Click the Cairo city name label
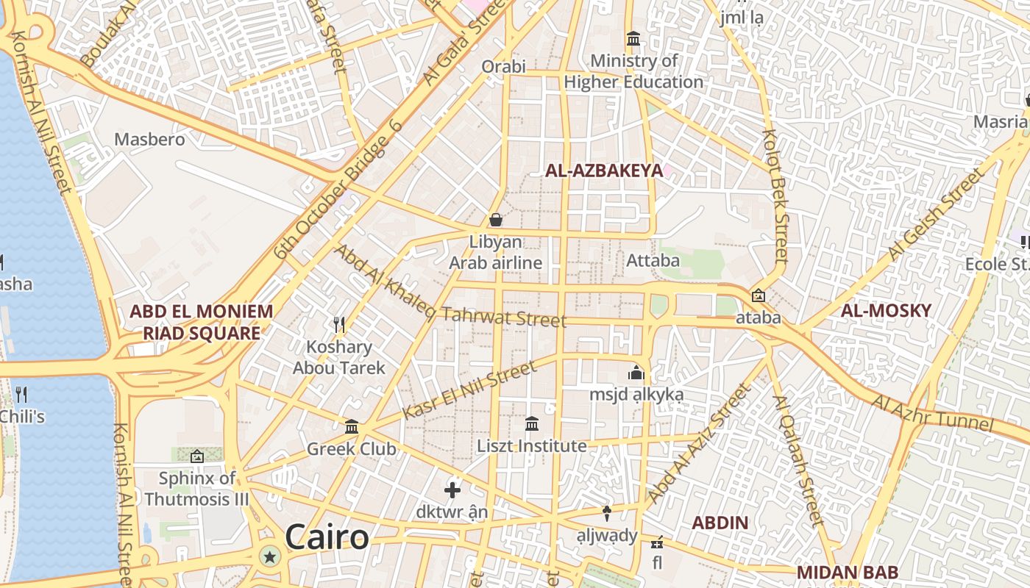coord(327,537)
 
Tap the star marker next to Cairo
coord(270,556)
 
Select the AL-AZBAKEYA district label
coord(603,171)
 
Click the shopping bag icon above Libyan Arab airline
coord(496,220)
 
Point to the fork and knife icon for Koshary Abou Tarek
coord(338,324)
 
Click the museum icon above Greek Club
coord(352,426)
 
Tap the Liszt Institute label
coord(531,445)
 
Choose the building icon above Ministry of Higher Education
coord(633,38)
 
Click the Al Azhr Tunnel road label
coord(932,415)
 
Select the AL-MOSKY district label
coord(886,310)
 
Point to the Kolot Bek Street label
coord(775,196)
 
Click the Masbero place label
coord(149,139)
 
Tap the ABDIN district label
coord(720,523)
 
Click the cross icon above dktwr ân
coord(452,490)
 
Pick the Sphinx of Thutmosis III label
coord(197,489)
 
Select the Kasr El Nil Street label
coord(471,392)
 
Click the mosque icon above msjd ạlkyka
coord(636,373)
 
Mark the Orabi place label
coord(504,67)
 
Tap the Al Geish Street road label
coord(936,214)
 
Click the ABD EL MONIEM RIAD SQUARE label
coord(202,322)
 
